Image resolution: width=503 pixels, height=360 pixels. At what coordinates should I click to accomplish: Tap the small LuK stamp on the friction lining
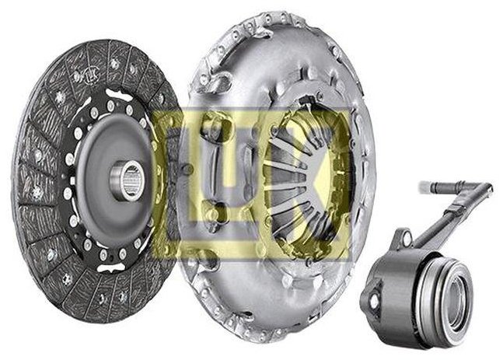93,75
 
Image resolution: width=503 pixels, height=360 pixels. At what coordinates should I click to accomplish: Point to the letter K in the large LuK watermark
305,179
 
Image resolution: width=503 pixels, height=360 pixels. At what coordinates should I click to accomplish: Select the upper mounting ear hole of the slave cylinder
407,239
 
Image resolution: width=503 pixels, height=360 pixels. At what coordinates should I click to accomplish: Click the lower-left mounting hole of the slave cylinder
374,301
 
